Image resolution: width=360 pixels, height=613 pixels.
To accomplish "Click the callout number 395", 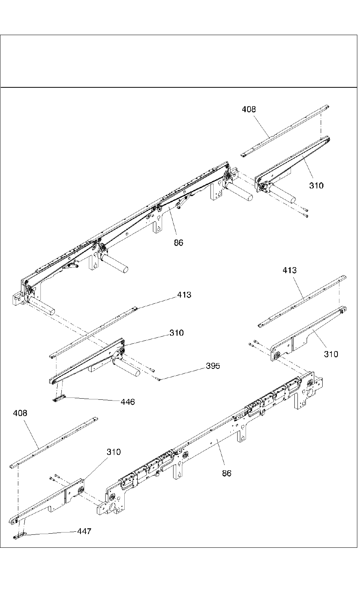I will coord(213,366).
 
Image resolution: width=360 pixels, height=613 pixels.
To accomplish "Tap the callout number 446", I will coord(128,402).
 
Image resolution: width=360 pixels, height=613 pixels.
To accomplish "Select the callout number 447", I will coord(84,531).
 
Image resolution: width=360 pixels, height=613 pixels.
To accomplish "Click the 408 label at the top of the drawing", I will coord(249,109).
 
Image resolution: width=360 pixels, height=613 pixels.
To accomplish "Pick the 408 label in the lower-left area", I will coord(20,413).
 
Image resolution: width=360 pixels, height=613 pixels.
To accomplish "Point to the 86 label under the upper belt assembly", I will coord(178,242).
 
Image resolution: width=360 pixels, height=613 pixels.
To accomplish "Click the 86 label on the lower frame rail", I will coord(227,473).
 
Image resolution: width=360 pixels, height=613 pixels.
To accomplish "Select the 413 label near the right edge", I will coord(289,270).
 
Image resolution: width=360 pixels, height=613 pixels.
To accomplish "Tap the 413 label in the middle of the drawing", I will coord(184,295).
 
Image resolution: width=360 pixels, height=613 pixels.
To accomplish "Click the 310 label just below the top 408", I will coord(316,185).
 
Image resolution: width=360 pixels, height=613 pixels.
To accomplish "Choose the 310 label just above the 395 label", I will coord(177,333).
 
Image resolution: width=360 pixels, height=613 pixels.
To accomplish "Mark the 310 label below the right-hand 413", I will coord(331,354).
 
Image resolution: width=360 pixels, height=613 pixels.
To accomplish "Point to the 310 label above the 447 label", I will coord(114,452).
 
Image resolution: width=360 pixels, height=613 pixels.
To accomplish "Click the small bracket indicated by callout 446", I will coord(58,399).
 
